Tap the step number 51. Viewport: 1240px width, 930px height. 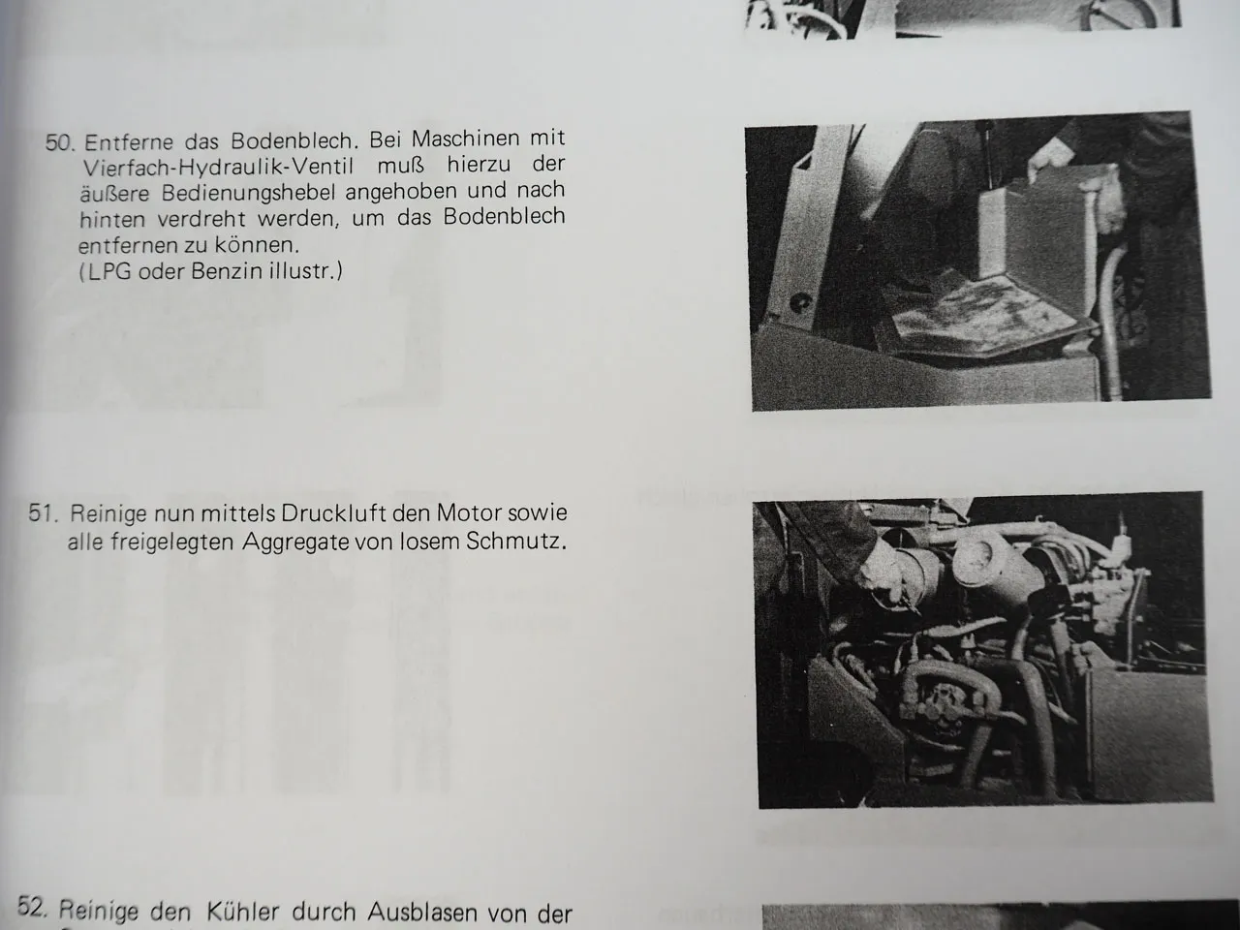(x=45, y=513)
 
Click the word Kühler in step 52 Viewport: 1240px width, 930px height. (x=242, y=911)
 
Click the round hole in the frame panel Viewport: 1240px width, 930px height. (x=801, y=303)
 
